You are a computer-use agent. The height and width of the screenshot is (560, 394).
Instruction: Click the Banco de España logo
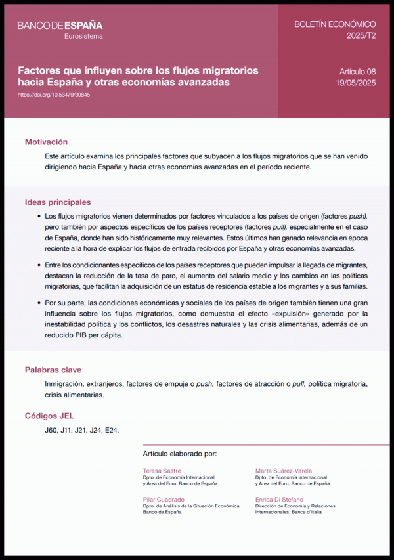click(x=60, y=25)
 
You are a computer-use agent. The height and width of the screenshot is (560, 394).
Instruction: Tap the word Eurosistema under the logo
click(x=83, y=36)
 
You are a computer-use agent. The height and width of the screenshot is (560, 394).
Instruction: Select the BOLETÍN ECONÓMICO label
click(x=334, y=24)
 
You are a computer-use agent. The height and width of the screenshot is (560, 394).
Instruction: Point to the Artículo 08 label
click(x=357, y=71)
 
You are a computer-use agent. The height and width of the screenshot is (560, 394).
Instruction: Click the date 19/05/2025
click(x=355, y=83)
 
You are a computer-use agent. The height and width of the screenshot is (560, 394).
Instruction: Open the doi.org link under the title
click(x=54, y=95)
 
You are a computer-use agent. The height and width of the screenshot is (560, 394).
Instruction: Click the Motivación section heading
click(x=46, y=142)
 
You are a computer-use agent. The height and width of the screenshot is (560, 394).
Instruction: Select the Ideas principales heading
click(x=58, y=202)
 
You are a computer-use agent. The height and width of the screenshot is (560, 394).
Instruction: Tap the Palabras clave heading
click(x=53, y=370)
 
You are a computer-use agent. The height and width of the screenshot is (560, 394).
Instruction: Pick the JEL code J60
click(x=51, y=431)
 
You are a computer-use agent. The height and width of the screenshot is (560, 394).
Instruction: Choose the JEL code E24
click(x=112, y=431)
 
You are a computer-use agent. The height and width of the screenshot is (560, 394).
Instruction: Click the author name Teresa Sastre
click(x=162, y=471)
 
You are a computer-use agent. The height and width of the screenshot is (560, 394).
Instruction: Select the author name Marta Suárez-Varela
click(x=284, y=471)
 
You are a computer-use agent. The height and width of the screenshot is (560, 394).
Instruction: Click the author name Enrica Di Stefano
click(x=280, y=500)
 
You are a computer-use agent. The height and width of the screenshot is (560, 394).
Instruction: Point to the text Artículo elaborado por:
click(x=179, y=454)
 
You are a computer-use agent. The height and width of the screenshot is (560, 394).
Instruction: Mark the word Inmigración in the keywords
click(x=66, y=383)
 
